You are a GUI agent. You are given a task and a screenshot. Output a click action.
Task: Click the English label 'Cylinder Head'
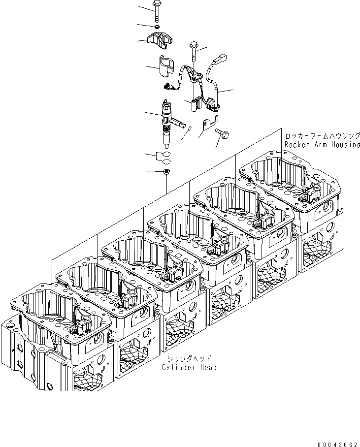click(x=189, y=367)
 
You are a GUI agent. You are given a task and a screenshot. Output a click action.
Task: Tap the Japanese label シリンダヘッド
click(x=189, y=359)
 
